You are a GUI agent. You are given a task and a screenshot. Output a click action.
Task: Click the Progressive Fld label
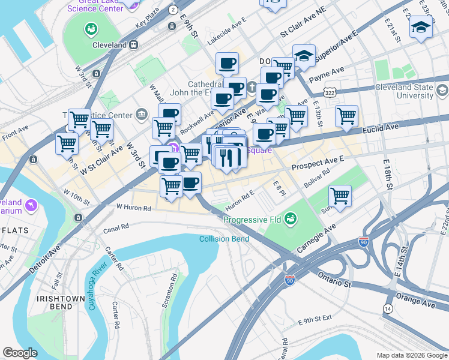click(252, 220)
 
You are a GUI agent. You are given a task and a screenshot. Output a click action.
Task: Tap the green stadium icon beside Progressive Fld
click(291, 218)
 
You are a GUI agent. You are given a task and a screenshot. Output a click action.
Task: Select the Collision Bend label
click(224, 239)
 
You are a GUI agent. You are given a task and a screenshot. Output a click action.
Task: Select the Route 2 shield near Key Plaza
click(173, 10)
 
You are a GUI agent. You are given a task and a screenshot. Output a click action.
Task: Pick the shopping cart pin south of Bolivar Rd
click(340, 196)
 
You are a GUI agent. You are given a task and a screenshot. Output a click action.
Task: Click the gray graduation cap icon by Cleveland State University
click(443, 91)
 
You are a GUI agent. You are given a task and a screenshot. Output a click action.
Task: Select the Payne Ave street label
click(327, 74)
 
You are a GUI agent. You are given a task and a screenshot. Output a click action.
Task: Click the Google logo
click(20, 353)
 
